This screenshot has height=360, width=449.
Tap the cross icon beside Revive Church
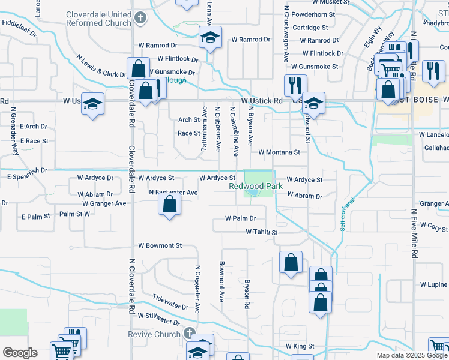[189, 334]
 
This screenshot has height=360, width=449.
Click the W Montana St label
[279, 152]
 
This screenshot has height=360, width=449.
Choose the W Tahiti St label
[262, 232]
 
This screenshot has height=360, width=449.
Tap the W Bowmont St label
[160, 246]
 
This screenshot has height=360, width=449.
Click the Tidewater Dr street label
[170, 301]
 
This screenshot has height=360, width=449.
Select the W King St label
[300, 346]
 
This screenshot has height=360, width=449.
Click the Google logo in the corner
[20, 353]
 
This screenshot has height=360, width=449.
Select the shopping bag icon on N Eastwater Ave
[170, 205]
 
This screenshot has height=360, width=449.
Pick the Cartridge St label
[310, 28]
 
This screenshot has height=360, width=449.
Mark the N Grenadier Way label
[14, 132]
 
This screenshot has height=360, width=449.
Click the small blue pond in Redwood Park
[255, 193]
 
